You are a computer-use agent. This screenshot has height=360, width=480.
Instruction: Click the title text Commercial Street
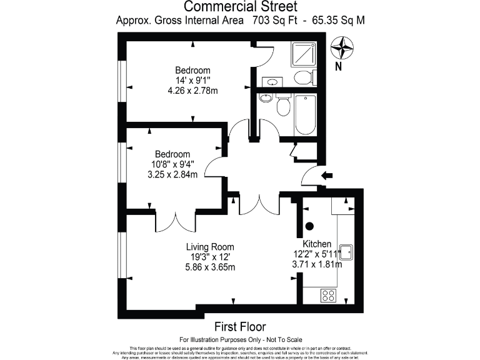point(241,7)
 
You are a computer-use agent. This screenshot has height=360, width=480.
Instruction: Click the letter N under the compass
point(338,66)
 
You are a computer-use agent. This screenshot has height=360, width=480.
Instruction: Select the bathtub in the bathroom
point(306,114)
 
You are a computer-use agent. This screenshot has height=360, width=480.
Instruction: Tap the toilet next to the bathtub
point(282,107)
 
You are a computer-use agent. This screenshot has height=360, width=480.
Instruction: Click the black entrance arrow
point(326,176)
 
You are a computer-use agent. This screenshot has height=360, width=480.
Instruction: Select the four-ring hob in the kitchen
point(327,295)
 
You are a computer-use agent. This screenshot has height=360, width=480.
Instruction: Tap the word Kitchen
point(317,244)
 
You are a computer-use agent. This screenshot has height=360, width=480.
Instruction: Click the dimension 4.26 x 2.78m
point(192,91)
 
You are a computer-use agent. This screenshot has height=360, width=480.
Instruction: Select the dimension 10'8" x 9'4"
point(172,164)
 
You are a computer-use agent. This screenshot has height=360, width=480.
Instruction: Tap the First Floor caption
point(240,326)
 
